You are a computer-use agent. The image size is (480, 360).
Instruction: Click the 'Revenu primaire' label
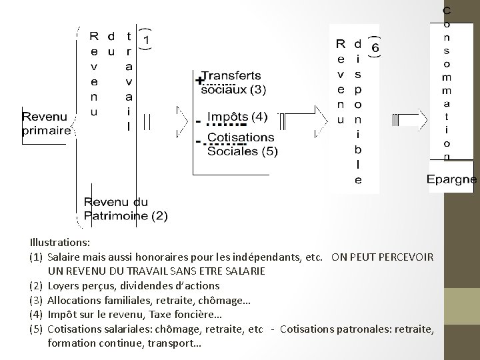click(47, 124)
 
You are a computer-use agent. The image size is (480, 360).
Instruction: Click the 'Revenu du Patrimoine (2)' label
click(126, 209)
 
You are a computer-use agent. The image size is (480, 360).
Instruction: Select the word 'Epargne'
click(452, 179)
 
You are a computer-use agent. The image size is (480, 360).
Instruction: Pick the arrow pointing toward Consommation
click(407, 120)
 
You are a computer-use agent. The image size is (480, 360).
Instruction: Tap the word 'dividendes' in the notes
click(149, 285)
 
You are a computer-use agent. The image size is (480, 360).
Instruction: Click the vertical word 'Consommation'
click(447, 83)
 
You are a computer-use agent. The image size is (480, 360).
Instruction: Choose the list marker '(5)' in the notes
click(36, 329)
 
